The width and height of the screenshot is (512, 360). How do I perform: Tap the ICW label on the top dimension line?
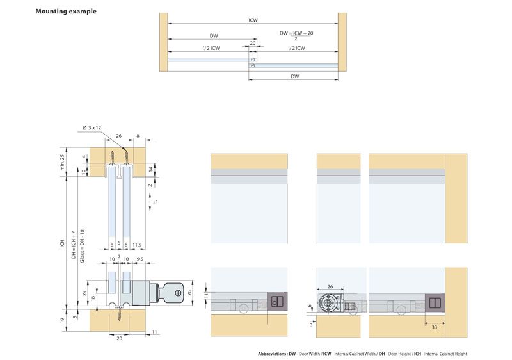coord(253,20)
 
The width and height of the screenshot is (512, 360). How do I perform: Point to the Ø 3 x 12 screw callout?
coord(92,129)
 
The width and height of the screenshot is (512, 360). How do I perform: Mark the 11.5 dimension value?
coord(138,244)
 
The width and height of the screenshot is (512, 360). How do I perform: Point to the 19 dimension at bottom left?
coord(61,320)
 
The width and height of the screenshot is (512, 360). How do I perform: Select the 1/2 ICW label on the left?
coord(206,48)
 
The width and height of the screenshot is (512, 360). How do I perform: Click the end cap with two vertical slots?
coord(434,303)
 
